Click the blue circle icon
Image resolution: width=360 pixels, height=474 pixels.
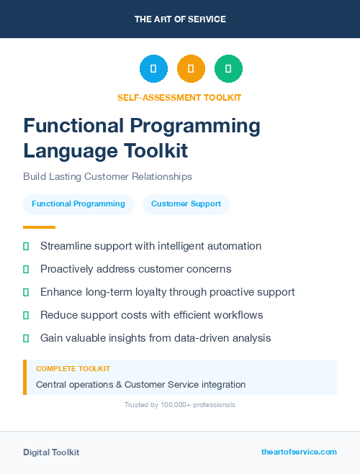coord(153,69)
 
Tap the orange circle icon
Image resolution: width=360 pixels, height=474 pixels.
coord(191,69)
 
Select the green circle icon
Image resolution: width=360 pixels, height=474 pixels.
coord(228,69)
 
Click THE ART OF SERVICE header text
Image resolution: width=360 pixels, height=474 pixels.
coord(180,19)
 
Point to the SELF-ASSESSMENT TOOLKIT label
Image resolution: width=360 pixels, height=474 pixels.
coord(179,97)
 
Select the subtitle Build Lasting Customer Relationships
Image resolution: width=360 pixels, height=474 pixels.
coord(107,176)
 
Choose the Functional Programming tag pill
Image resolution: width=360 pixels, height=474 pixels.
coord(78,204)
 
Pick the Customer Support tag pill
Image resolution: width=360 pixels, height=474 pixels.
coord(186,204)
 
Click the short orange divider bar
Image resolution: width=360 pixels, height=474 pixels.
coord(39,227)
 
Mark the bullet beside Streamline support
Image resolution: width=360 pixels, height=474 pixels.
coord(26,246)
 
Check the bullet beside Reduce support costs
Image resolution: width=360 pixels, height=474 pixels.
coord(26,315)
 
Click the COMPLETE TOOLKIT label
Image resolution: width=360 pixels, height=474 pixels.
coord(73,368)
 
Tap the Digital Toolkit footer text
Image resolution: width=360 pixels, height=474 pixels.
coord(51,452)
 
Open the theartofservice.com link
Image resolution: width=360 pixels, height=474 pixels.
coord(299,452)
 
